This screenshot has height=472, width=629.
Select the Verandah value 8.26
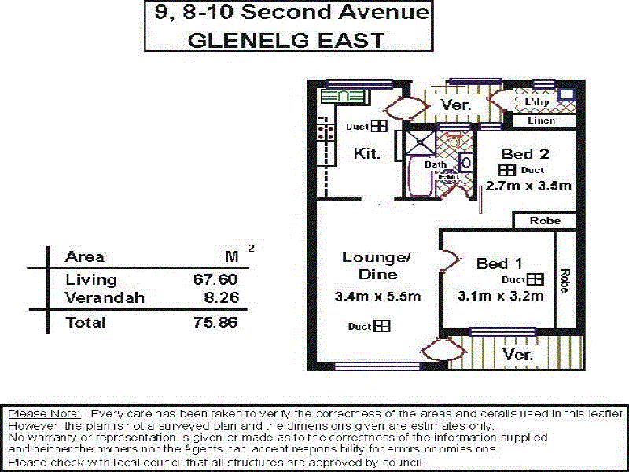coord(220,298)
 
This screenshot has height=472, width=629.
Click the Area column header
coord(85,256)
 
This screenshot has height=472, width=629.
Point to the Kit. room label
coord(368,153)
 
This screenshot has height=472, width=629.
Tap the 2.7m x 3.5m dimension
coord(528,186)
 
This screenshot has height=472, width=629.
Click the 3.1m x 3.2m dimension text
coord(500,297)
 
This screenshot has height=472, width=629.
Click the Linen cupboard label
coord(540,120)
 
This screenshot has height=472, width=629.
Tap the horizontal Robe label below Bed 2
coord(545,221)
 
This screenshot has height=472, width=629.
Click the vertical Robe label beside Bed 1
coord(565,282)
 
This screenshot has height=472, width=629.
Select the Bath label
coord(435,164)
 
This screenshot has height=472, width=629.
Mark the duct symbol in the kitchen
coord(379,126)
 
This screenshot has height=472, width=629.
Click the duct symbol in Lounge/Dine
coord(381,326)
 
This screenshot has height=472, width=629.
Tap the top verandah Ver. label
coord(455,105)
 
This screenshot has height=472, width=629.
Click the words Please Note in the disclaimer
coord(43,414)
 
